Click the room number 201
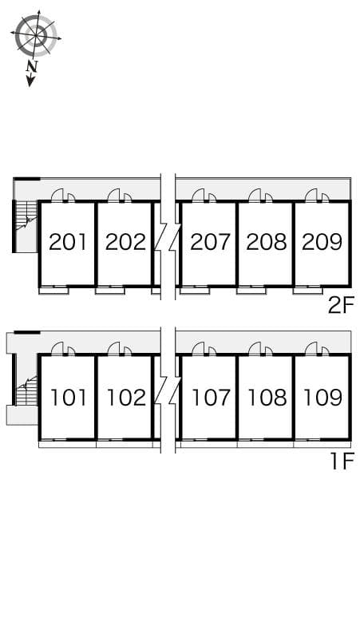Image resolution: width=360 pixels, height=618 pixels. tap(67, 242)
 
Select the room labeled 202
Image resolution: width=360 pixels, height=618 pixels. tap(125, 242)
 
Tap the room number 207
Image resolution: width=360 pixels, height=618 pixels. tap(210, 242)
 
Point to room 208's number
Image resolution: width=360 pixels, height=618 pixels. tap(266, 242)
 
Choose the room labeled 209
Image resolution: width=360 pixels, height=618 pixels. tap(322, 242)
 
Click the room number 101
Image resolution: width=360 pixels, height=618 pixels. tap(67, 397)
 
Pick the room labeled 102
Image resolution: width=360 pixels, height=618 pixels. tap(125, 397)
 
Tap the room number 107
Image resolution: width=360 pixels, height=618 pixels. tap(210, 397)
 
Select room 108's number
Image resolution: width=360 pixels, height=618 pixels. tap(266, 397)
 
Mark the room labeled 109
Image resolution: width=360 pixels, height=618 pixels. tap(322, 397)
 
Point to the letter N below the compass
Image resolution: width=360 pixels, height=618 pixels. tap(32, 67)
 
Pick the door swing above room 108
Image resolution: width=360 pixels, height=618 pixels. tap(258, 349)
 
